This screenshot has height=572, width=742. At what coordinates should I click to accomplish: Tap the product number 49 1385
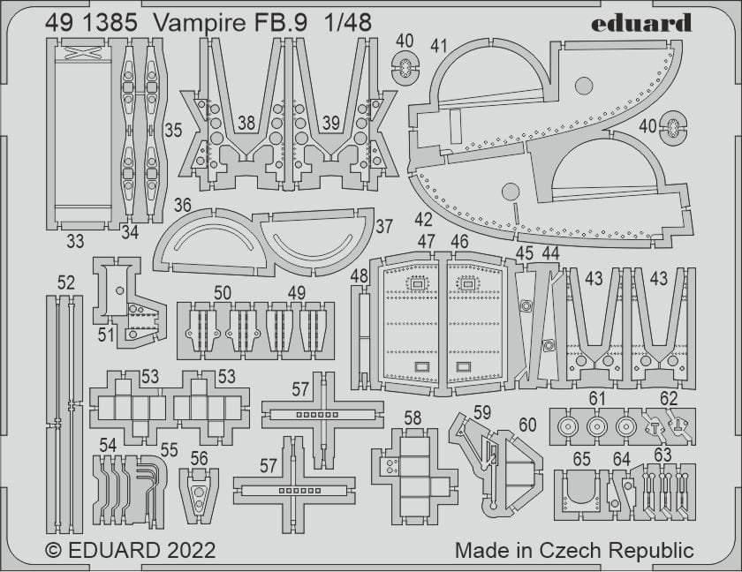point(92,24)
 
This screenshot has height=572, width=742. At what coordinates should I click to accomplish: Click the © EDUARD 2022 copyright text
point(130,550)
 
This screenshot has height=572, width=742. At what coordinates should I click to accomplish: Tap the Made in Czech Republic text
point(574,550)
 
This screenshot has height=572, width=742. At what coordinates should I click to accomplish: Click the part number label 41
point(440,44)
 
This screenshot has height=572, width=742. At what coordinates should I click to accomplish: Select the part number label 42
point(423,219)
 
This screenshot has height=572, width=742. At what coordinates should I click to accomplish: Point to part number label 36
point(183,205)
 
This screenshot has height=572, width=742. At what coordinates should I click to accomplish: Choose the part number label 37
point(383,226)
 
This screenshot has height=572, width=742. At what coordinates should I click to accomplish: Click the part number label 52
point(66,282)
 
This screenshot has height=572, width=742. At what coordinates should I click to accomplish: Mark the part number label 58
point(413,417)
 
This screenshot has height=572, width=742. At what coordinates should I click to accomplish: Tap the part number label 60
point(527,425)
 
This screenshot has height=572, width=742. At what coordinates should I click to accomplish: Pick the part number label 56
point(199,457)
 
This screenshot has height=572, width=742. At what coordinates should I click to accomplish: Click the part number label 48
point(359,275)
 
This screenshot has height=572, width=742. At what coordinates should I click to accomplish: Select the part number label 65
point(581,459)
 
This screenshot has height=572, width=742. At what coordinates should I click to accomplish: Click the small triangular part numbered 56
point(199,494)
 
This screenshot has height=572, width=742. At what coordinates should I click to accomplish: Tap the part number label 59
point(481,411)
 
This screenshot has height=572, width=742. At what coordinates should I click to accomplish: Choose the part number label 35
point(173,130)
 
